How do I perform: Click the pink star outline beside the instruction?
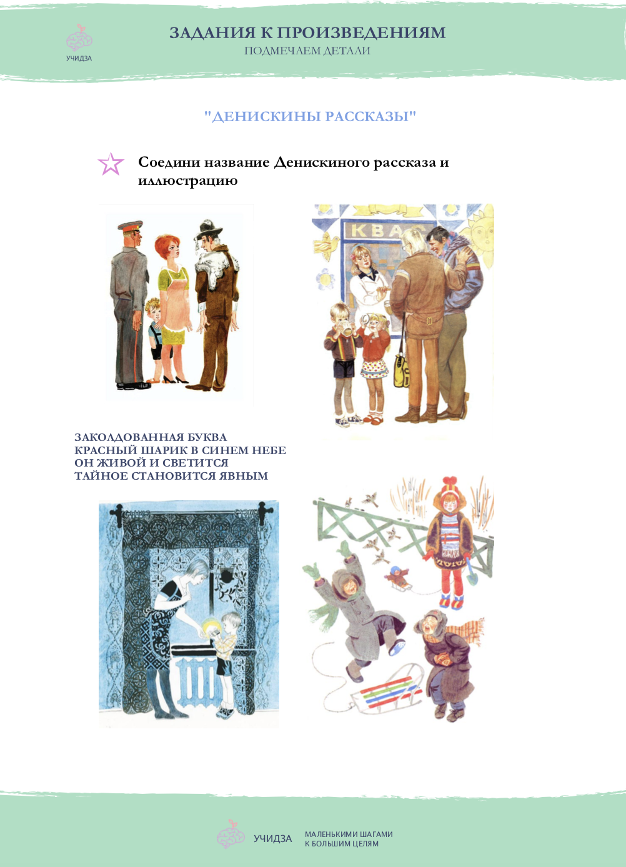coord(111,164)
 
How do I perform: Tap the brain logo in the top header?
coord(79,38)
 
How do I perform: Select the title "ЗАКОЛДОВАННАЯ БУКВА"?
coord(151,437)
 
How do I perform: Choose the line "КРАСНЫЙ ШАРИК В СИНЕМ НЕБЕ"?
coord(180,450)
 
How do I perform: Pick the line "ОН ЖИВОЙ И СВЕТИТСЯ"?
coord(151,463)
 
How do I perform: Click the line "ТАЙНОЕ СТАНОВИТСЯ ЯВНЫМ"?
coord(171,476)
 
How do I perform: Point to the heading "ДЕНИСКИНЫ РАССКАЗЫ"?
coord(310,116)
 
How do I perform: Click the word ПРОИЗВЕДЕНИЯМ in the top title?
coord(361,32)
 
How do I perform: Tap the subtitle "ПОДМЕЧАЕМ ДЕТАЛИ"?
coord(307,51)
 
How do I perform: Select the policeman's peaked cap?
coord(131,225)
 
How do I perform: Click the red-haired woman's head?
coord(167,247)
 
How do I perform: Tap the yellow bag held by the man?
coord(402,371)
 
